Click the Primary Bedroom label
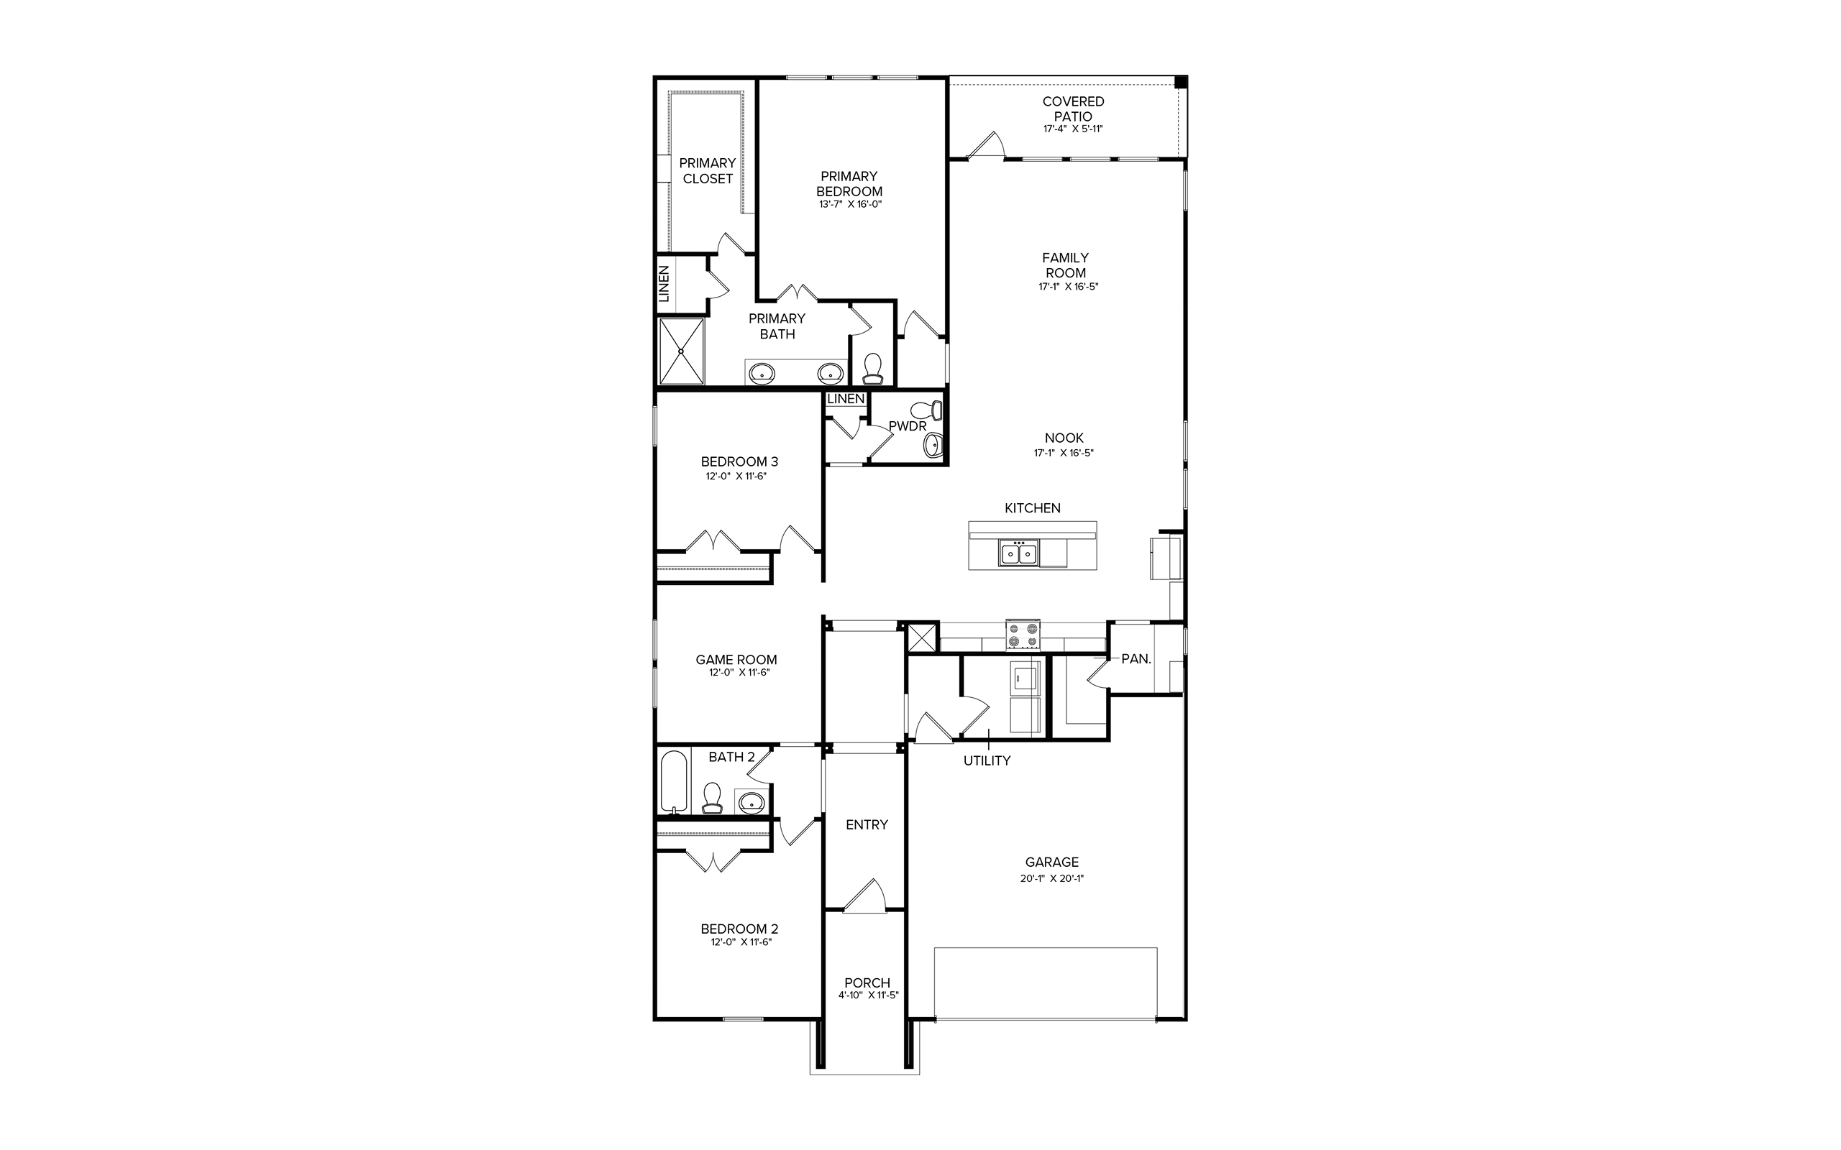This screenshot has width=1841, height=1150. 849,183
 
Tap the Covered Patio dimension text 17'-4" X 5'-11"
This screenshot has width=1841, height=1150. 1073,129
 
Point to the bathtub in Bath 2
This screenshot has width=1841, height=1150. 674,783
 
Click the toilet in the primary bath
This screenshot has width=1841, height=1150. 872,369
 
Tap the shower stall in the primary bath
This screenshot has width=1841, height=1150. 682,351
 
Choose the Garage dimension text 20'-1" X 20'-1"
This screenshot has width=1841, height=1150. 1052,878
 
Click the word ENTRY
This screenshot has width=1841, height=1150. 867,824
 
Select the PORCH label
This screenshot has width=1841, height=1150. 867,983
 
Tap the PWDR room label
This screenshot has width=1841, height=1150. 908,427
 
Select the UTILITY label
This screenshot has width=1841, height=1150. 987,760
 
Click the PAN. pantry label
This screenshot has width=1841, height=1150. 1136,658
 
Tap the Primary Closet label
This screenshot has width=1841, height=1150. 708,170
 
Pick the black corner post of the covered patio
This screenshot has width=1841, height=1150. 1181,82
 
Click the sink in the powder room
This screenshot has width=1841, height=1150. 933,445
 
